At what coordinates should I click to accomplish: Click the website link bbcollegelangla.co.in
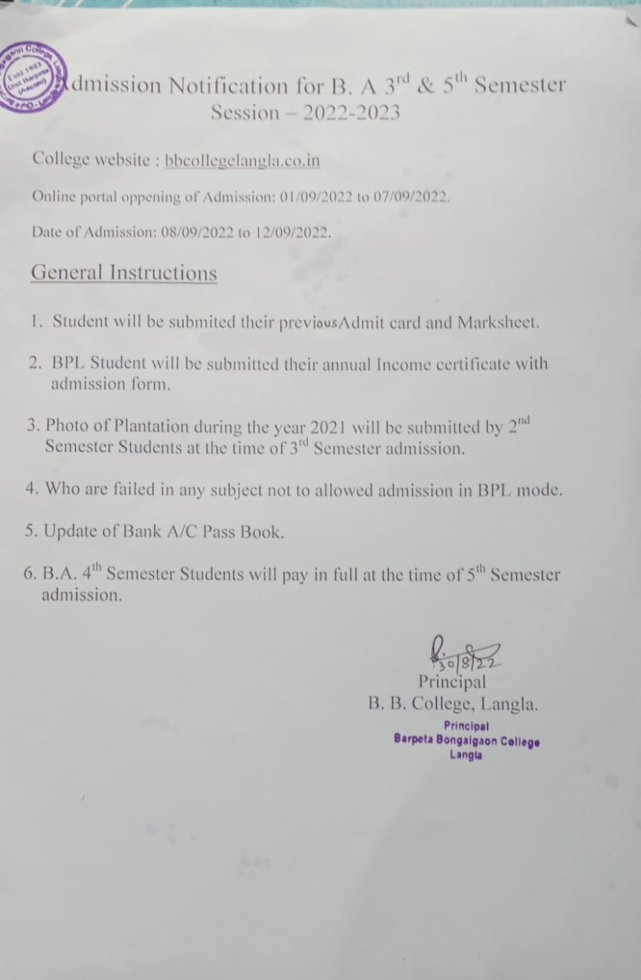242,160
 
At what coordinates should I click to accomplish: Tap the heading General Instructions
123,273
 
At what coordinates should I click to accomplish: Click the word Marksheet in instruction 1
498,322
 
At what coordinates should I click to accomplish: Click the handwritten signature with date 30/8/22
464,652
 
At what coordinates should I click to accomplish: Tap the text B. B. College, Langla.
453,704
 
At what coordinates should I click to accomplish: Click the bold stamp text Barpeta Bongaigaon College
466,740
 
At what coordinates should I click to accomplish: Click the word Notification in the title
228,85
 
